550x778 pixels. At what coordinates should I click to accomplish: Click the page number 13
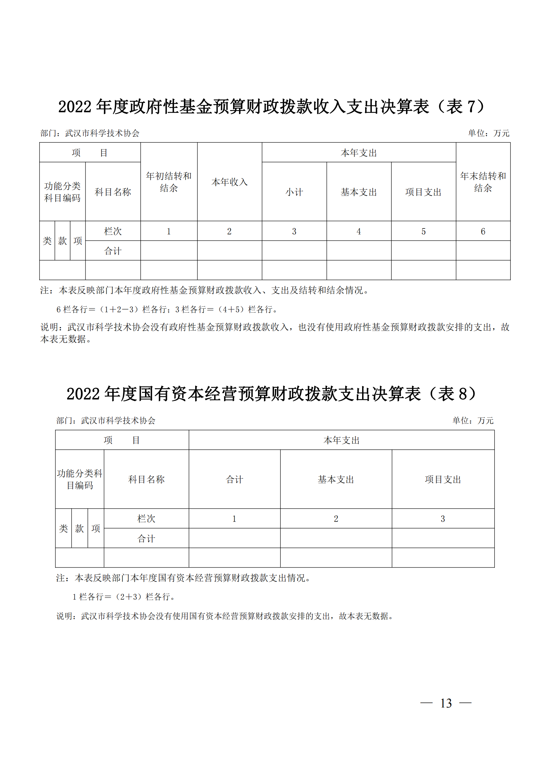click(x=446, y=703)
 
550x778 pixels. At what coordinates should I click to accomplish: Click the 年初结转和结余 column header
click(x=169, y=182)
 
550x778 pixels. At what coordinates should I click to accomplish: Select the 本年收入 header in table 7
click(x=229, y=182)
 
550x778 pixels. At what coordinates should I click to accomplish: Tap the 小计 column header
click(x=294, y=192)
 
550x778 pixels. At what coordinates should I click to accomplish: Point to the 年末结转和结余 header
click(x=483, y=182)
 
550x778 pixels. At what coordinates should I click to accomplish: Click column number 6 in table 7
click(x=483, y=232)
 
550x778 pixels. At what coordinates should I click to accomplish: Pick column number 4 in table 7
click(x=359, y=232)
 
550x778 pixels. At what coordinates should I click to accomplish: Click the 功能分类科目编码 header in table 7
click(x=62, y=192)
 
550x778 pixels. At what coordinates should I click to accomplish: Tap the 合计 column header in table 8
click(x=234, y=480)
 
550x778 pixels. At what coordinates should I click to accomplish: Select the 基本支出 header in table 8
click(x=336, y=480)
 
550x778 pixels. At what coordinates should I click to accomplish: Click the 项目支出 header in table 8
click(x=443, y=480)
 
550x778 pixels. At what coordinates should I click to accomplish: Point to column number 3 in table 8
click(x=443, y=519)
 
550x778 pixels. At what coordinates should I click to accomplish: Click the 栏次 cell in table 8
click(x=146, y=519)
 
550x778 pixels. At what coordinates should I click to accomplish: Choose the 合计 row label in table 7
click(x=113, y=251)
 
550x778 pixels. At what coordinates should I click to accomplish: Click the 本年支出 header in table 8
click(x=342, y=440)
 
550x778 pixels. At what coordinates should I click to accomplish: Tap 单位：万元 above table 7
click(x=489, y=133)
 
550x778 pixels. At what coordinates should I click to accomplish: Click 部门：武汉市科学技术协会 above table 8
click(x=106, y=420)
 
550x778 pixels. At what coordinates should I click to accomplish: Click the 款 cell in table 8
click(x=79, y=529)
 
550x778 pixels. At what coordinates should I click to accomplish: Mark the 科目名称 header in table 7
click(x=113, y=192)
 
